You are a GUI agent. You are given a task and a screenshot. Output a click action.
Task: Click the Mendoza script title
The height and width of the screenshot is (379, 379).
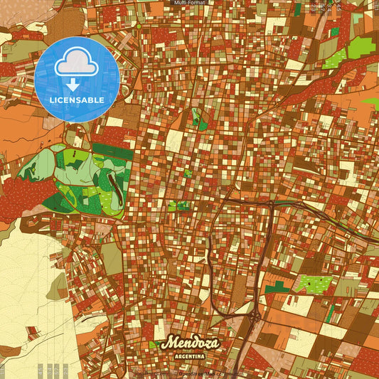point(190,343)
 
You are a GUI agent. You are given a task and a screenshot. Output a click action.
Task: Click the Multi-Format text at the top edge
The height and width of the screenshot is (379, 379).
point(189,3)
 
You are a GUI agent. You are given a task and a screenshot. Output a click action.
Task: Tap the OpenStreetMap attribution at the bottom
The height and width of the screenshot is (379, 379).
point(190,373)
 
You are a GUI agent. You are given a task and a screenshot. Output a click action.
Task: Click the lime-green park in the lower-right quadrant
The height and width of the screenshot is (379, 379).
point(313,284)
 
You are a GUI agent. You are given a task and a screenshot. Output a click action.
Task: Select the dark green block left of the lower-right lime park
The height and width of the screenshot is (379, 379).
point(279,287)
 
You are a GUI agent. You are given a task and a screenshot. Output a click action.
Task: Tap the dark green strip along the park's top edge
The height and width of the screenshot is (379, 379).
point(112,149)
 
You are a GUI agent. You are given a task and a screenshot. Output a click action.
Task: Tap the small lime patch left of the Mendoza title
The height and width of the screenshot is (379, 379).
point(152,345)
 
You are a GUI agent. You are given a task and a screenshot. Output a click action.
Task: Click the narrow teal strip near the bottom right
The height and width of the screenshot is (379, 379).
point(330,312)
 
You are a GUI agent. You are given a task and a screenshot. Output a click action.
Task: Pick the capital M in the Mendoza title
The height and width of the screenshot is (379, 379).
point(169,343)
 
